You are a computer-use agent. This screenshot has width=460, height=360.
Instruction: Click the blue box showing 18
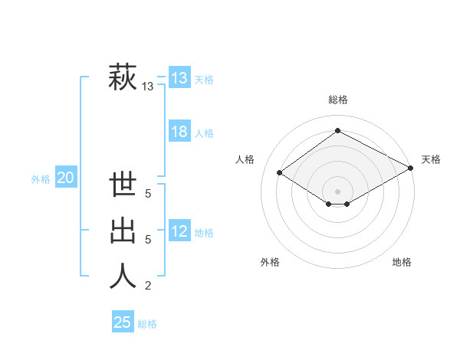(x=179, y=132)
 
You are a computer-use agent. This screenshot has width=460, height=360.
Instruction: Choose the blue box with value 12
(x=179, y=231)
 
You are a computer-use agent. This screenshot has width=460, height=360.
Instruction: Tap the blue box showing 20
(x=66, y=178)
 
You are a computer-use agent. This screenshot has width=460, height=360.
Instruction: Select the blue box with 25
(x=123, y=322)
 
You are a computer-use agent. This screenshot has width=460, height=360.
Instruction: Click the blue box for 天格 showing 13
(x=179, y=77)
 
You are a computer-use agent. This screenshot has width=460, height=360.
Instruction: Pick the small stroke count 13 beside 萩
(x=148, y=87)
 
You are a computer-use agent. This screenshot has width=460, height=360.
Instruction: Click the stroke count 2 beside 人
(x=148, y=286)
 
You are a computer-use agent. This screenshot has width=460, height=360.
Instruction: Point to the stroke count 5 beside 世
(x=148, y=195)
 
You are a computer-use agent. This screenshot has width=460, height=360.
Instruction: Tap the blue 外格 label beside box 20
(x=41, y=179)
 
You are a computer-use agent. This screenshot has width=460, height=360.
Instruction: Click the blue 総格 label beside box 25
(x=147, y=324)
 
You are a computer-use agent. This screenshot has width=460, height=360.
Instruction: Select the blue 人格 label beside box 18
(x=204, y=133)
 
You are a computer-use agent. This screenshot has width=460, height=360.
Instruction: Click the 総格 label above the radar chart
(x=337, y=100)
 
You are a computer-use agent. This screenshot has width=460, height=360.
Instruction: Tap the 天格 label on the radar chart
(x=431, y=159)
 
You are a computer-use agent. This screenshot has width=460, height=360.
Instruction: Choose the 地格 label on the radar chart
(x=402, y=262)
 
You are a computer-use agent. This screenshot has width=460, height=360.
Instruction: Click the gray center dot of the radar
(x=337, y=191)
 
